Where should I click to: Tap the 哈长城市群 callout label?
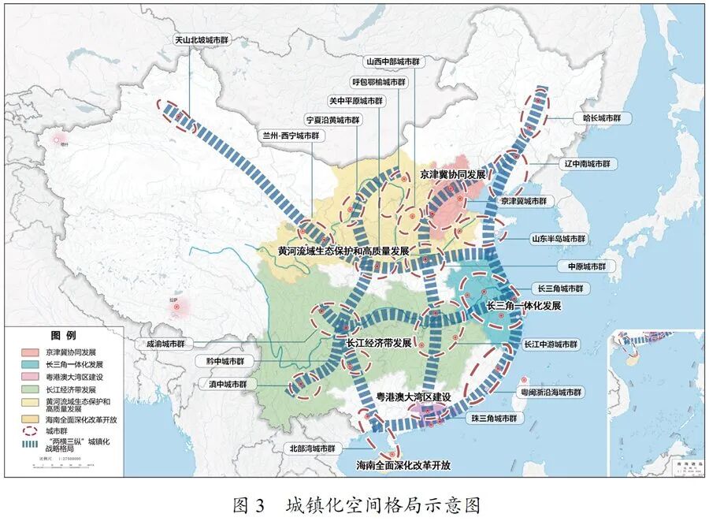click(603, 118)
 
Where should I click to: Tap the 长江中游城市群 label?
click(551, 344)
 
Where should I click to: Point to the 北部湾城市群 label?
click(312, 449)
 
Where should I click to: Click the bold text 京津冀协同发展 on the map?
click(452, 174)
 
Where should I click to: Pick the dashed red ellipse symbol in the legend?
click(32, 431)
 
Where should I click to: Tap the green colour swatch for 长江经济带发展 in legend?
click(32, 389)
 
